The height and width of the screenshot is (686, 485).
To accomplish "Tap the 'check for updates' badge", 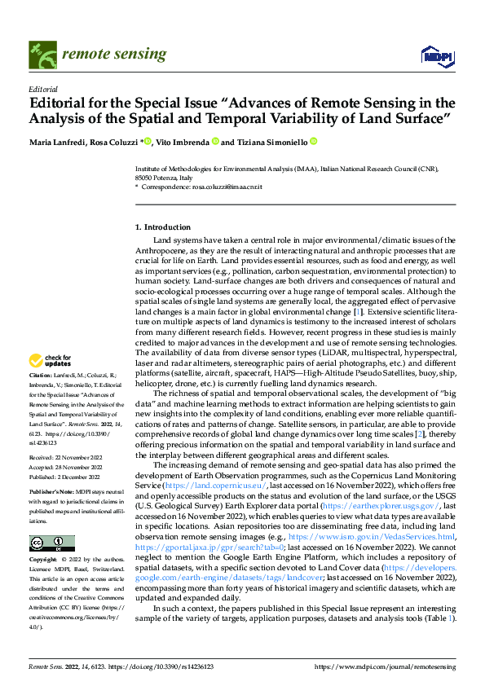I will pos(52,361).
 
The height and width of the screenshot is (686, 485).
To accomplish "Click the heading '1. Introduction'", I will pos(163,226).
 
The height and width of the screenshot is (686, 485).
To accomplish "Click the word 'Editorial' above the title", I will pos(43,90).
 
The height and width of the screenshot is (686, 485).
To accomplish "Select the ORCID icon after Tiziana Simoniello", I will pos(313,142).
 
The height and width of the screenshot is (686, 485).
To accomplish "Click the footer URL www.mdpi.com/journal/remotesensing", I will pos(386,667).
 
